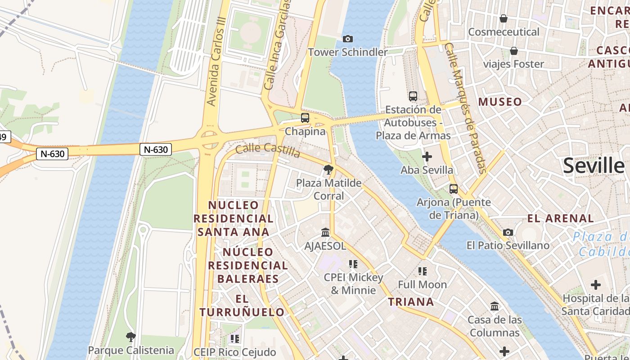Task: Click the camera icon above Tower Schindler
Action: [x=347, y=39]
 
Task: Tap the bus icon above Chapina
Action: [x=305, y=118]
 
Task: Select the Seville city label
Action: [x=594, y=166]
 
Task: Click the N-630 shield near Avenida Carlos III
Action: [x=156, y=149]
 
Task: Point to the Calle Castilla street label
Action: [x=268, y=150]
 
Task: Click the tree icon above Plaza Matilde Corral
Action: [x=328, y=170]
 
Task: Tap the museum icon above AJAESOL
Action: [x=325, y=233]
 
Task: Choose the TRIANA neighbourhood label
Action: [x=411, y=301]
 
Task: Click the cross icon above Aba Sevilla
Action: [x=427, y=157]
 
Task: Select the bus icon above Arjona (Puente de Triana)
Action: [x=454, y=189]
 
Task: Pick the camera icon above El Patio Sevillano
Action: [x=508, y=232]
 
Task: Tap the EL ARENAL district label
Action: [x=561, y=219]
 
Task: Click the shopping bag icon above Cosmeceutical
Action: [x=504, y=18]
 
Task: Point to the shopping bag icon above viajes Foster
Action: [x=513, y=51]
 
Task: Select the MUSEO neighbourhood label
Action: [x=500, y=102]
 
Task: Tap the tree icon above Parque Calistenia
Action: [x=130, y=337]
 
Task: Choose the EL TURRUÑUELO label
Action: [x=242, y=306]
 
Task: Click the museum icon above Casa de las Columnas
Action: [x=495, y=306]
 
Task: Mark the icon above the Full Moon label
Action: [x=422, y=271]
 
